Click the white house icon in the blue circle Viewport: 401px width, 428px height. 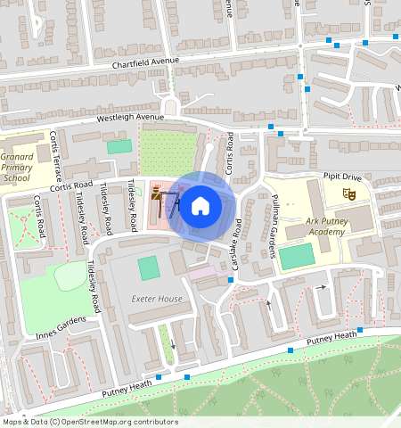[x=200, y=206]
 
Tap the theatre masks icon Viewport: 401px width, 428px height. [x=349, y=193]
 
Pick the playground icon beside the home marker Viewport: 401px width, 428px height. [x=158, y=189]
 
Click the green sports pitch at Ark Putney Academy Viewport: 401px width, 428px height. [x=296, y=257]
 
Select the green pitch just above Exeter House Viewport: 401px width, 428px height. [x=148, y=267]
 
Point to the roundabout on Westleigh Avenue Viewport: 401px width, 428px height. [x=169, y=106]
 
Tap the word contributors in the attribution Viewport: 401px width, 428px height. [x=158, y=422]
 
